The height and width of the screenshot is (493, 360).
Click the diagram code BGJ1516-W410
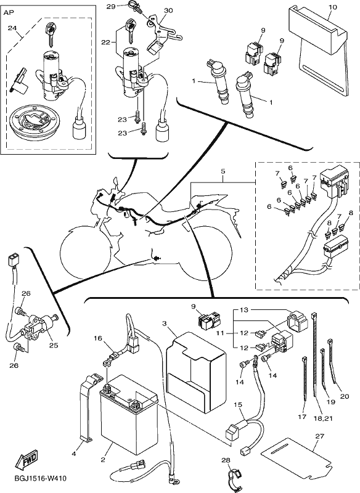(x=41, y=479)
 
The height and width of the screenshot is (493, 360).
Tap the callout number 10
(x=332, y=7)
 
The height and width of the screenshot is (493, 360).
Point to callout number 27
(x=319, y=436)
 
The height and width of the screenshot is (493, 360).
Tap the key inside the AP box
(x=50, y=34)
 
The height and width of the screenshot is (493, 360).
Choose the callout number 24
(x=12, y=28)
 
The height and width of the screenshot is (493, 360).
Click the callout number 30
(x=168, y=10)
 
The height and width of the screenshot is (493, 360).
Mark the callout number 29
(x=111, y=6)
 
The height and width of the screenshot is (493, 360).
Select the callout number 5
(x=223, y=171)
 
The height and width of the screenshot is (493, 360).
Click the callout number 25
(x=54, y=345)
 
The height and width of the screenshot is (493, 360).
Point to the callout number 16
(x=98, y=338)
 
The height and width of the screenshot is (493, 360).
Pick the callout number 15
(x=238, y=405)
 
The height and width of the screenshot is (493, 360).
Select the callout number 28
(x=226, y=460)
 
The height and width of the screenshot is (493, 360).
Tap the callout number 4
(x=74, y=454)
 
